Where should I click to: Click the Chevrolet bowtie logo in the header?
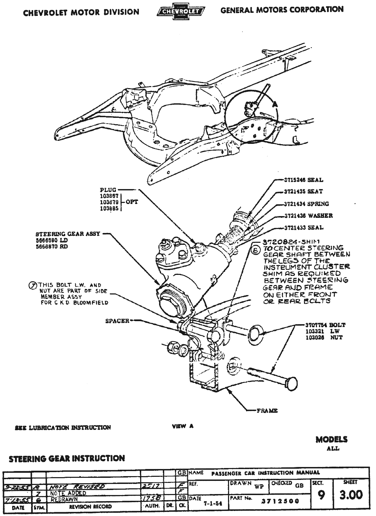(181, 12)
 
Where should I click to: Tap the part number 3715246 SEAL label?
(303, 180)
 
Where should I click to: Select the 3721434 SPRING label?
(306, 204)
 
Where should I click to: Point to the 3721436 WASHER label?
(308, 216)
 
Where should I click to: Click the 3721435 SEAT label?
(303, 191)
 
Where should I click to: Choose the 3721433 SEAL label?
(303, 228)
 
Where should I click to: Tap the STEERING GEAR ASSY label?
(68, 234)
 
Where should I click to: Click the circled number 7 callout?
(32, 285)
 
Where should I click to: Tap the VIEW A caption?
(183, 426)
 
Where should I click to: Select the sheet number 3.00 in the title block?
(351, 495)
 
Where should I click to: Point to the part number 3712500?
(280, 501)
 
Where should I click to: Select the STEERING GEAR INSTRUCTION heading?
(67, 458)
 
